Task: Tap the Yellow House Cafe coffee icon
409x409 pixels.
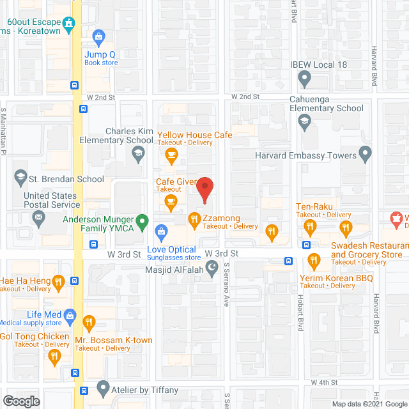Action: coord(171,154)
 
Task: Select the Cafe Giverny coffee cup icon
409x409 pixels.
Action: coord(171,203)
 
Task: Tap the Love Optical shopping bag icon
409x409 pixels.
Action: coord(162,231)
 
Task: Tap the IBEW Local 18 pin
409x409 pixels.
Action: coord(305,79)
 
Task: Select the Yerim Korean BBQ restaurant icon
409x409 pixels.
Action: coord(313,260)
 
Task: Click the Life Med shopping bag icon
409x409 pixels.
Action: coord(70,315)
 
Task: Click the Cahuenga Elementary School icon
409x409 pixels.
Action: coord(305,121)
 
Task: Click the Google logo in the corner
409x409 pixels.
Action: coord(21,401)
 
